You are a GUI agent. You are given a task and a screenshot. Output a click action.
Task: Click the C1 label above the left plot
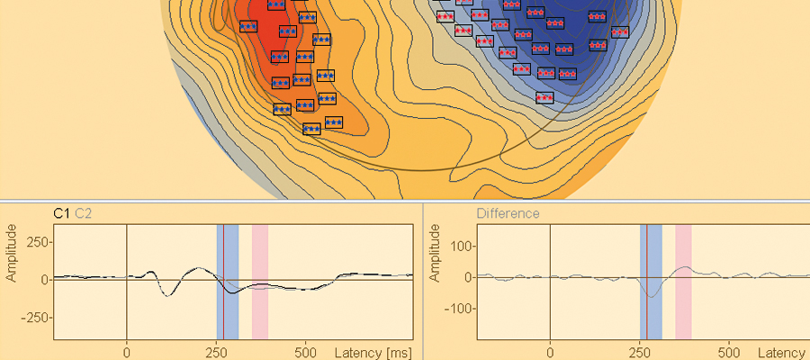[x=62, y=213]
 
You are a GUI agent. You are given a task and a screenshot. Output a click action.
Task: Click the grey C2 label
[x=83, y=213]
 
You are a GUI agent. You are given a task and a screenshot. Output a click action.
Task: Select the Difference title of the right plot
[x=508, y=213]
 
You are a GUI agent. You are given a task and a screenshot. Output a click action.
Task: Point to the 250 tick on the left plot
[x=36, y=242]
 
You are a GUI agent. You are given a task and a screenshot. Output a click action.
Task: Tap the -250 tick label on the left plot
[x=33, y=318]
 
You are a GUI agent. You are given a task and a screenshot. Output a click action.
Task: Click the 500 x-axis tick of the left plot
[x=306, y=352]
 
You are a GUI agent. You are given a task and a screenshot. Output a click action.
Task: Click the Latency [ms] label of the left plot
[x=373, y=352]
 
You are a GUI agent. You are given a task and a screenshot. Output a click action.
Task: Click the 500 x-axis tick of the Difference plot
[x=729, y=352]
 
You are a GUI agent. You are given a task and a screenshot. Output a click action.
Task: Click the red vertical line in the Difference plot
[x=646, y=315]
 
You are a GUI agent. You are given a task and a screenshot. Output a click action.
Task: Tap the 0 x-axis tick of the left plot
[x=127, y=352]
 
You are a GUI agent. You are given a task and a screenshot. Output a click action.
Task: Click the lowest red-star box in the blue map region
[x=544, y=97]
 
